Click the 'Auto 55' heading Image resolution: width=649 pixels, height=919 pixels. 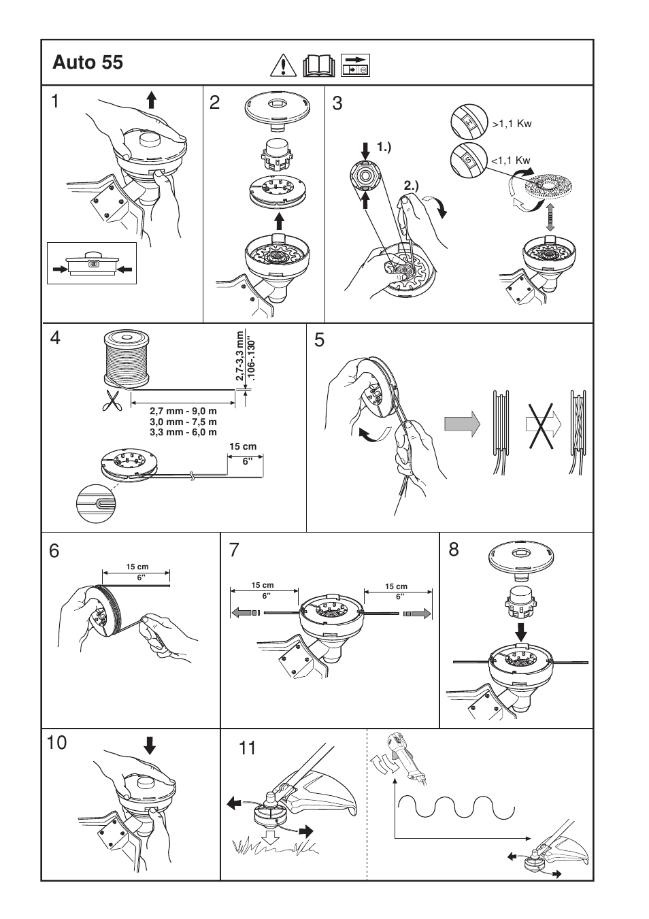pos(88,63)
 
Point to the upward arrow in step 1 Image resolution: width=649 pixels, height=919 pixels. pos(151,101)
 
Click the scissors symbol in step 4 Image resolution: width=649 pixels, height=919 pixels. pos(112,401)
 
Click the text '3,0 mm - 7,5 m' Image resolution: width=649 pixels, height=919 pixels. pos(183,422)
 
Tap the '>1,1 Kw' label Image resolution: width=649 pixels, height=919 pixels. pos(511,124)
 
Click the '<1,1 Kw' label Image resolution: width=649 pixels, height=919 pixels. pos(511,161)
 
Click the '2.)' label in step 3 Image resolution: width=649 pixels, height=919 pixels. pos(412,184)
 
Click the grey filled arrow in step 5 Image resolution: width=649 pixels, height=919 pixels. pos(463,424)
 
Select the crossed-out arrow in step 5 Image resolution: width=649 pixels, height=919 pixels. pos(542,424)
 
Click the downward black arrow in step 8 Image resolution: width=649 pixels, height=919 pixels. pos(521,627)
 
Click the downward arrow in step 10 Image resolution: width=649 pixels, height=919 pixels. pos(150,746)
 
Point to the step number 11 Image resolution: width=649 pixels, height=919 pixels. pos(248,748)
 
